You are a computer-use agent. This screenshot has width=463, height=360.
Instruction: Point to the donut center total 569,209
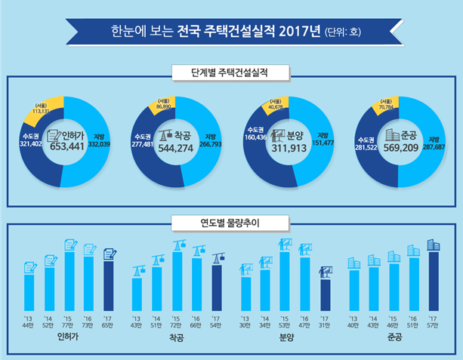coord(398,149)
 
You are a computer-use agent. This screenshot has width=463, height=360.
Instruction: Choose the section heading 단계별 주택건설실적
coord(230,72)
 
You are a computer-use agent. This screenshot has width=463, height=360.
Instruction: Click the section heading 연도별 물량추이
coord(230,222)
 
